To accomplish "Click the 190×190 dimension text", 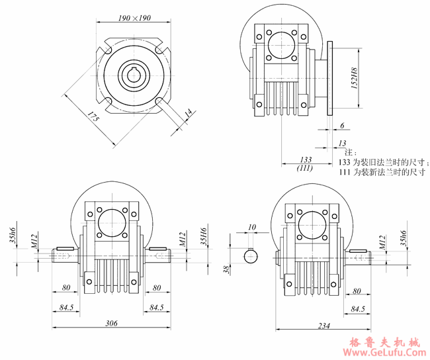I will [x=134, y=18].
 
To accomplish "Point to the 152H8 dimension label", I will [x=355, y=77].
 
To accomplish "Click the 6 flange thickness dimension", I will [x=341, y=125].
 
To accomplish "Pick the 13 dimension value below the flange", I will [x=342, y=142].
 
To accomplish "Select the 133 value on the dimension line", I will [x=306, y=160].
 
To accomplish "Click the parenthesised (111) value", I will [x=305, y=169].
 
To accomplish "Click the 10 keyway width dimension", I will [x=251, y=228].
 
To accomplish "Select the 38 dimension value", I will [x=226, y=269].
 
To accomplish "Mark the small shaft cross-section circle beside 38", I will [x=251, y=255].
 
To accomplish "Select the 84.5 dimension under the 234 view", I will [x=358, y=308].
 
